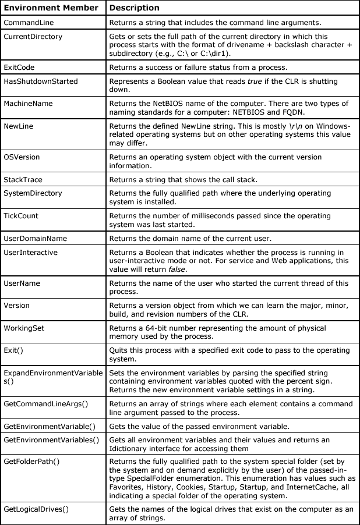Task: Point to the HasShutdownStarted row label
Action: (40, 81)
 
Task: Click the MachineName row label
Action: (28, 104)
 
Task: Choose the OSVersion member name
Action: (22, 157)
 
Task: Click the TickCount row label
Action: (22, 216)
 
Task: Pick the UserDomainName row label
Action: (35, 239)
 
